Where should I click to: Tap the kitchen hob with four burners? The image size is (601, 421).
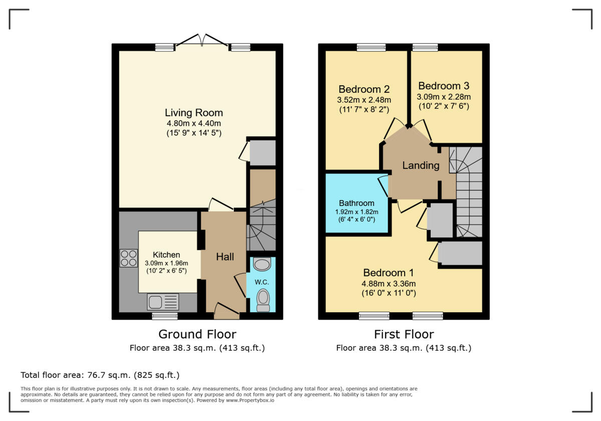click(129, 258)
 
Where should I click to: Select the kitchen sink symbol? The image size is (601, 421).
click(163, 302)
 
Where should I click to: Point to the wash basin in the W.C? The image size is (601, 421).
click(262, 264)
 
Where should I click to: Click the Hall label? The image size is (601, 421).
click(225, 257)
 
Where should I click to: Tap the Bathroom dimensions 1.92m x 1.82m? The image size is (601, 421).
click(357, 212)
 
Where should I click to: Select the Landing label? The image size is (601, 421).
click(421, 165)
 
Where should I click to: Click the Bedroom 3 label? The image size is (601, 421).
click(444, 86)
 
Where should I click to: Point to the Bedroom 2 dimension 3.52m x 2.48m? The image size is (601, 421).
click(364, 100)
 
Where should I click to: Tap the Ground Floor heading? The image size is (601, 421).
click(197, 334)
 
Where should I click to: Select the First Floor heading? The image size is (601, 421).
click(404, 334)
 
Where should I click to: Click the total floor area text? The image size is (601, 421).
click(100, 375)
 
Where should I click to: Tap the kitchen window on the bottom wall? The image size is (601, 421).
click(165, 316)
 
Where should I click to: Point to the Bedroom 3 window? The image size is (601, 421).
click(425, 47)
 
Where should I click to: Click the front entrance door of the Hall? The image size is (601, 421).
click(226, 312)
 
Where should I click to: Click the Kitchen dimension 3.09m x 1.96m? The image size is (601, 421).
click(166, 263)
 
